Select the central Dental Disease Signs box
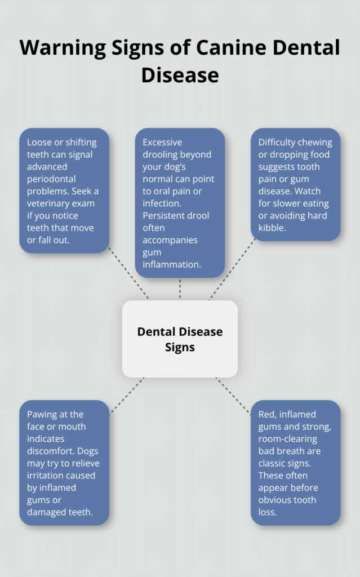coord(180,339)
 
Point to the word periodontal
coord(54,179)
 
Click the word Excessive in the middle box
coord(162,143)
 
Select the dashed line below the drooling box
coord(180,288)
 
